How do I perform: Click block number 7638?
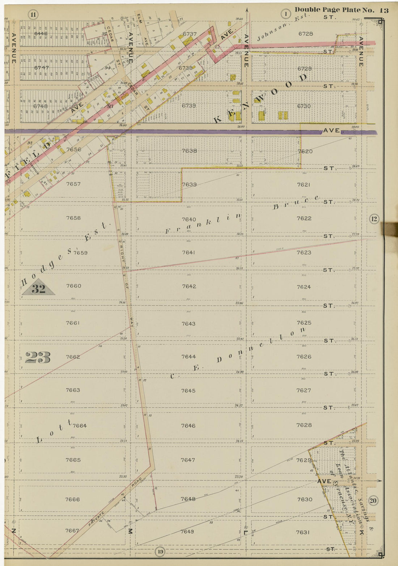tap(189, 151)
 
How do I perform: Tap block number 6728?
tap(306, 34)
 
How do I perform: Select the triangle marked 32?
tap(38, 288)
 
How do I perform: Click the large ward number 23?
tap(38, 357)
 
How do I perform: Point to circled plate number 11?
tap(33, 15)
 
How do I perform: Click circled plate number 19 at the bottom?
tap(160, 552)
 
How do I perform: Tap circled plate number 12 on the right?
tap(374, 219)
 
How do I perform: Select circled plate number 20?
tap(373, 501)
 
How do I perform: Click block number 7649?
tap(187, 531)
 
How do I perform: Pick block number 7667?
tap(72, 531)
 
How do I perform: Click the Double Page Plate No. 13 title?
tap(341, 10)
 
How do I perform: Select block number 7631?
tap(303, 532)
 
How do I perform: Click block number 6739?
tap(189, 106)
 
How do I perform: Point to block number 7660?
tap(73, 286)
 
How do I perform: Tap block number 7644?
tap(189, 357)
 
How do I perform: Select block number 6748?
tap(41, 106)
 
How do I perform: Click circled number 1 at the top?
tap(286, 14)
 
